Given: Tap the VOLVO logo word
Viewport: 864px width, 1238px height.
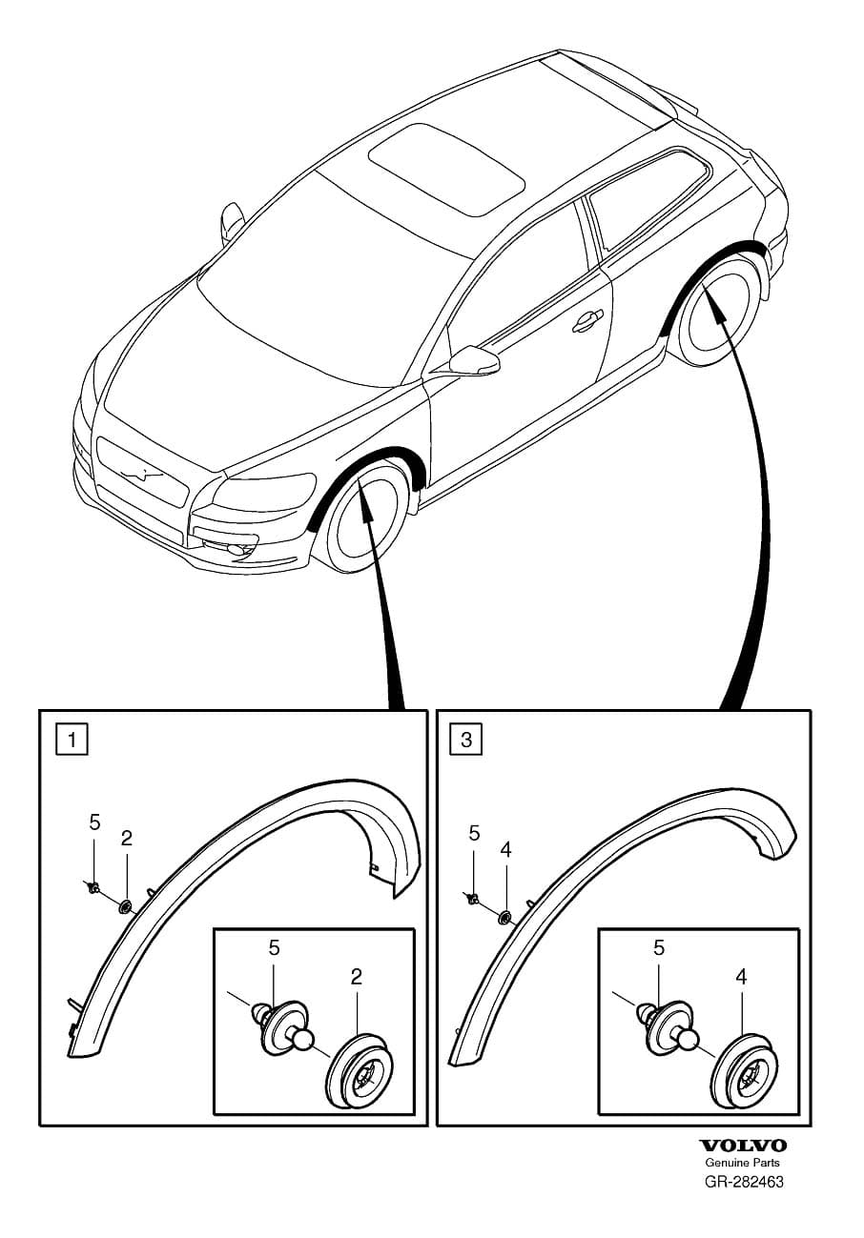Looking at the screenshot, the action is tap(743, 1146).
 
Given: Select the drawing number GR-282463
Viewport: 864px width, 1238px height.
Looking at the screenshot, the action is tap(744, 1182).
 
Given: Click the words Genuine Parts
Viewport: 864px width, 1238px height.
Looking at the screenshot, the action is tap(742, 1163).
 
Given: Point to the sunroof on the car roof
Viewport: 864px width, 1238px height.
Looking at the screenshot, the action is tap(447, 168).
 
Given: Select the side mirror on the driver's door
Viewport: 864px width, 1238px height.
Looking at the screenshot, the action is tap(475, 359).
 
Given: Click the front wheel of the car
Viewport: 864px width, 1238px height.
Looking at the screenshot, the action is tap(365, 518).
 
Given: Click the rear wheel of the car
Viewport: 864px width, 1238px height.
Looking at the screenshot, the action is tap(717, 315).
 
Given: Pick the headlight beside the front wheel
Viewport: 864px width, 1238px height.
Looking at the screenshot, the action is tap(264, 493).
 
